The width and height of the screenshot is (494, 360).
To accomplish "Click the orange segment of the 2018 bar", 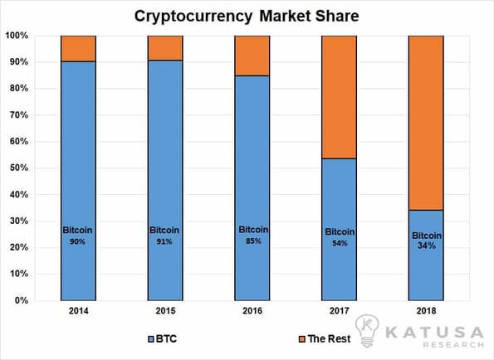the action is click(x=426, y=123).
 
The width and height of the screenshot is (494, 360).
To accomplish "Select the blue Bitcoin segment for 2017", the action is click(x=339, y=230).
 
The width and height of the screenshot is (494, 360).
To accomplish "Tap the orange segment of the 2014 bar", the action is click(x=78, y=48).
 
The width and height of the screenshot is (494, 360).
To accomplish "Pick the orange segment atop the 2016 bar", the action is click(x=252, y=56).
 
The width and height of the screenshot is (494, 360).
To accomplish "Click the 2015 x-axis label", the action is click(x=165, y=311).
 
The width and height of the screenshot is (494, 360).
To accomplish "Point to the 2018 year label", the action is click(x=426, y=311).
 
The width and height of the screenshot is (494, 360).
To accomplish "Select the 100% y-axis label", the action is click(x=17, y=35).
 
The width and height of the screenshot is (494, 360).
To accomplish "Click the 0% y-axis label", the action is click(x=22, y=300).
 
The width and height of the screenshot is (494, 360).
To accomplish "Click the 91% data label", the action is click(x=164, y=241).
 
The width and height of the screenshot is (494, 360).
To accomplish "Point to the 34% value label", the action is click(x=427, y=246).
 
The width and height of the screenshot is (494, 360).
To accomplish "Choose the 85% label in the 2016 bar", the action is click(x=253, y=241).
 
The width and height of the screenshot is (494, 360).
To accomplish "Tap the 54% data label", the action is click(x=340, y=243).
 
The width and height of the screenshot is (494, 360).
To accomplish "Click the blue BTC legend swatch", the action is click(x=151, y=339).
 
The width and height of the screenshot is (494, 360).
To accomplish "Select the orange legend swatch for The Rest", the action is click(x=302, y=339).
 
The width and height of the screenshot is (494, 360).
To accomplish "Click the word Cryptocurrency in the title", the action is click(x=193, y=17).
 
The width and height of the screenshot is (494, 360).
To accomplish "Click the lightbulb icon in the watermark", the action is click(x=367, y=330).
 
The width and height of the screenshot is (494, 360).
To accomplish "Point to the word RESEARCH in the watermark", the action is click(x=453, y=344).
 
